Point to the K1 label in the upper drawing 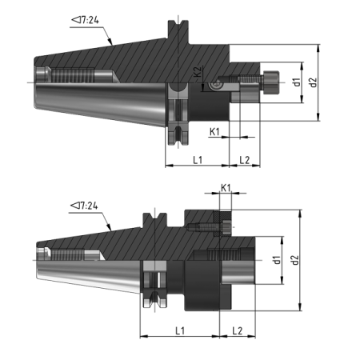(214, 130)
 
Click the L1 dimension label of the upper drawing (197, 161)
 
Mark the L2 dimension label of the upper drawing (245, 161)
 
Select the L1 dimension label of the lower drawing (180, 330)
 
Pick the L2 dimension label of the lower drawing (238, 330)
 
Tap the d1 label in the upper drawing (296, 82)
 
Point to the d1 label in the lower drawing (276, 260)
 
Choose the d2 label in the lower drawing (295, 260)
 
